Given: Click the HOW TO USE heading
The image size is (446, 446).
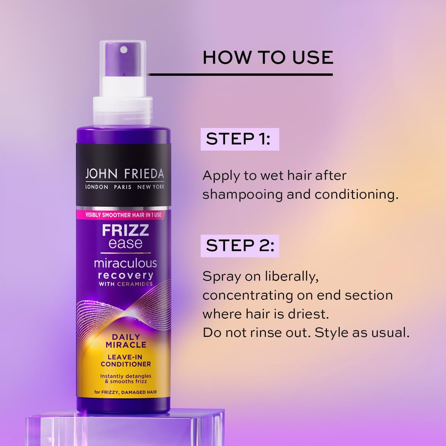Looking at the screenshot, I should [x=268, y=57].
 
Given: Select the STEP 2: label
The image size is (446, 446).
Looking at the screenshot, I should [x=239, y=246].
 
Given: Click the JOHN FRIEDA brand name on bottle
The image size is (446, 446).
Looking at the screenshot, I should [x=124, y=174].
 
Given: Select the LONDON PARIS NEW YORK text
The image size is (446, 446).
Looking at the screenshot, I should [x=124, y=187].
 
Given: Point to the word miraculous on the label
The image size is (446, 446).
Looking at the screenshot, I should [x=125, y=263].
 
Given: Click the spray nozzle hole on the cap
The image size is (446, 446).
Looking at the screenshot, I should [x=124, y=49].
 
